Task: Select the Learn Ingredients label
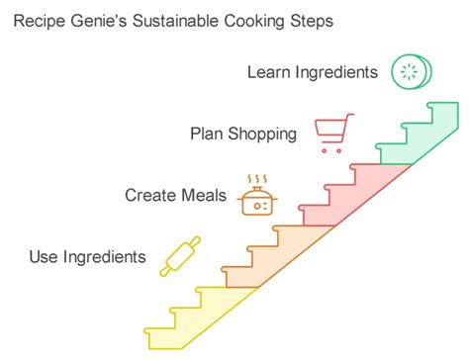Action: (312, 71)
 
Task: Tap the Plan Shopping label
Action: (243, 133)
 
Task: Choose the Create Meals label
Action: (175, 195)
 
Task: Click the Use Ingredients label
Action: (87, 257)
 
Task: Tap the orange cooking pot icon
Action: (258, 195)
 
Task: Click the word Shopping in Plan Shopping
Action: (262, 133)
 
